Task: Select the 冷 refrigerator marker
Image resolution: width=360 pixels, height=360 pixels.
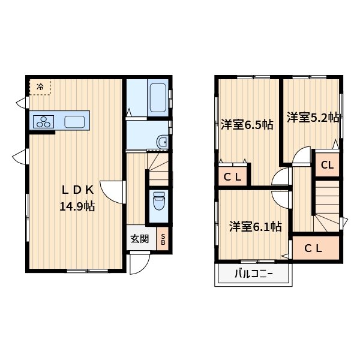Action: coord(40,88)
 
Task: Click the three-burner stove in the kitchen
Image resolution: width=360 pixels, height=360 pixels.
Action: coord(44,122)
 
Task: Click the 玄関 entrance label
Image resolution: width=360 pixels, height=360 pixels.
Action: coord(140,238)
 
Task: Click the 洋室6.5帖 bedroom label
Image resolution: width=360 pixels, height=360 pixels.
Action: coord(247,125)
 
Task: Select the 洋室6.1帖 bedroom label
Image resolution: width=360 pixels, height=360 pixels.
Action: coord(255,226)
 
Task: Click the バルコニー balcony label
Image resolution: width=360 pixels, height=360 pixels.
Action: coord(253,275)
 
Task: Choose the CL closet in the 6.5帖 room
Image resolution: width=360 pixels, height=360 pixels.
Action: coord(233,176)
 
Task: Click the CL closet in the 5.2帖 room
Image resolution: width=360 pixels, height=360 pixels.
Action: coord(327,165)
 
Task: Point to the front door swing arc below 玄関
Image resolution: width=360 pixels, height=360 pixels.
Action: coord(139,264)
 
